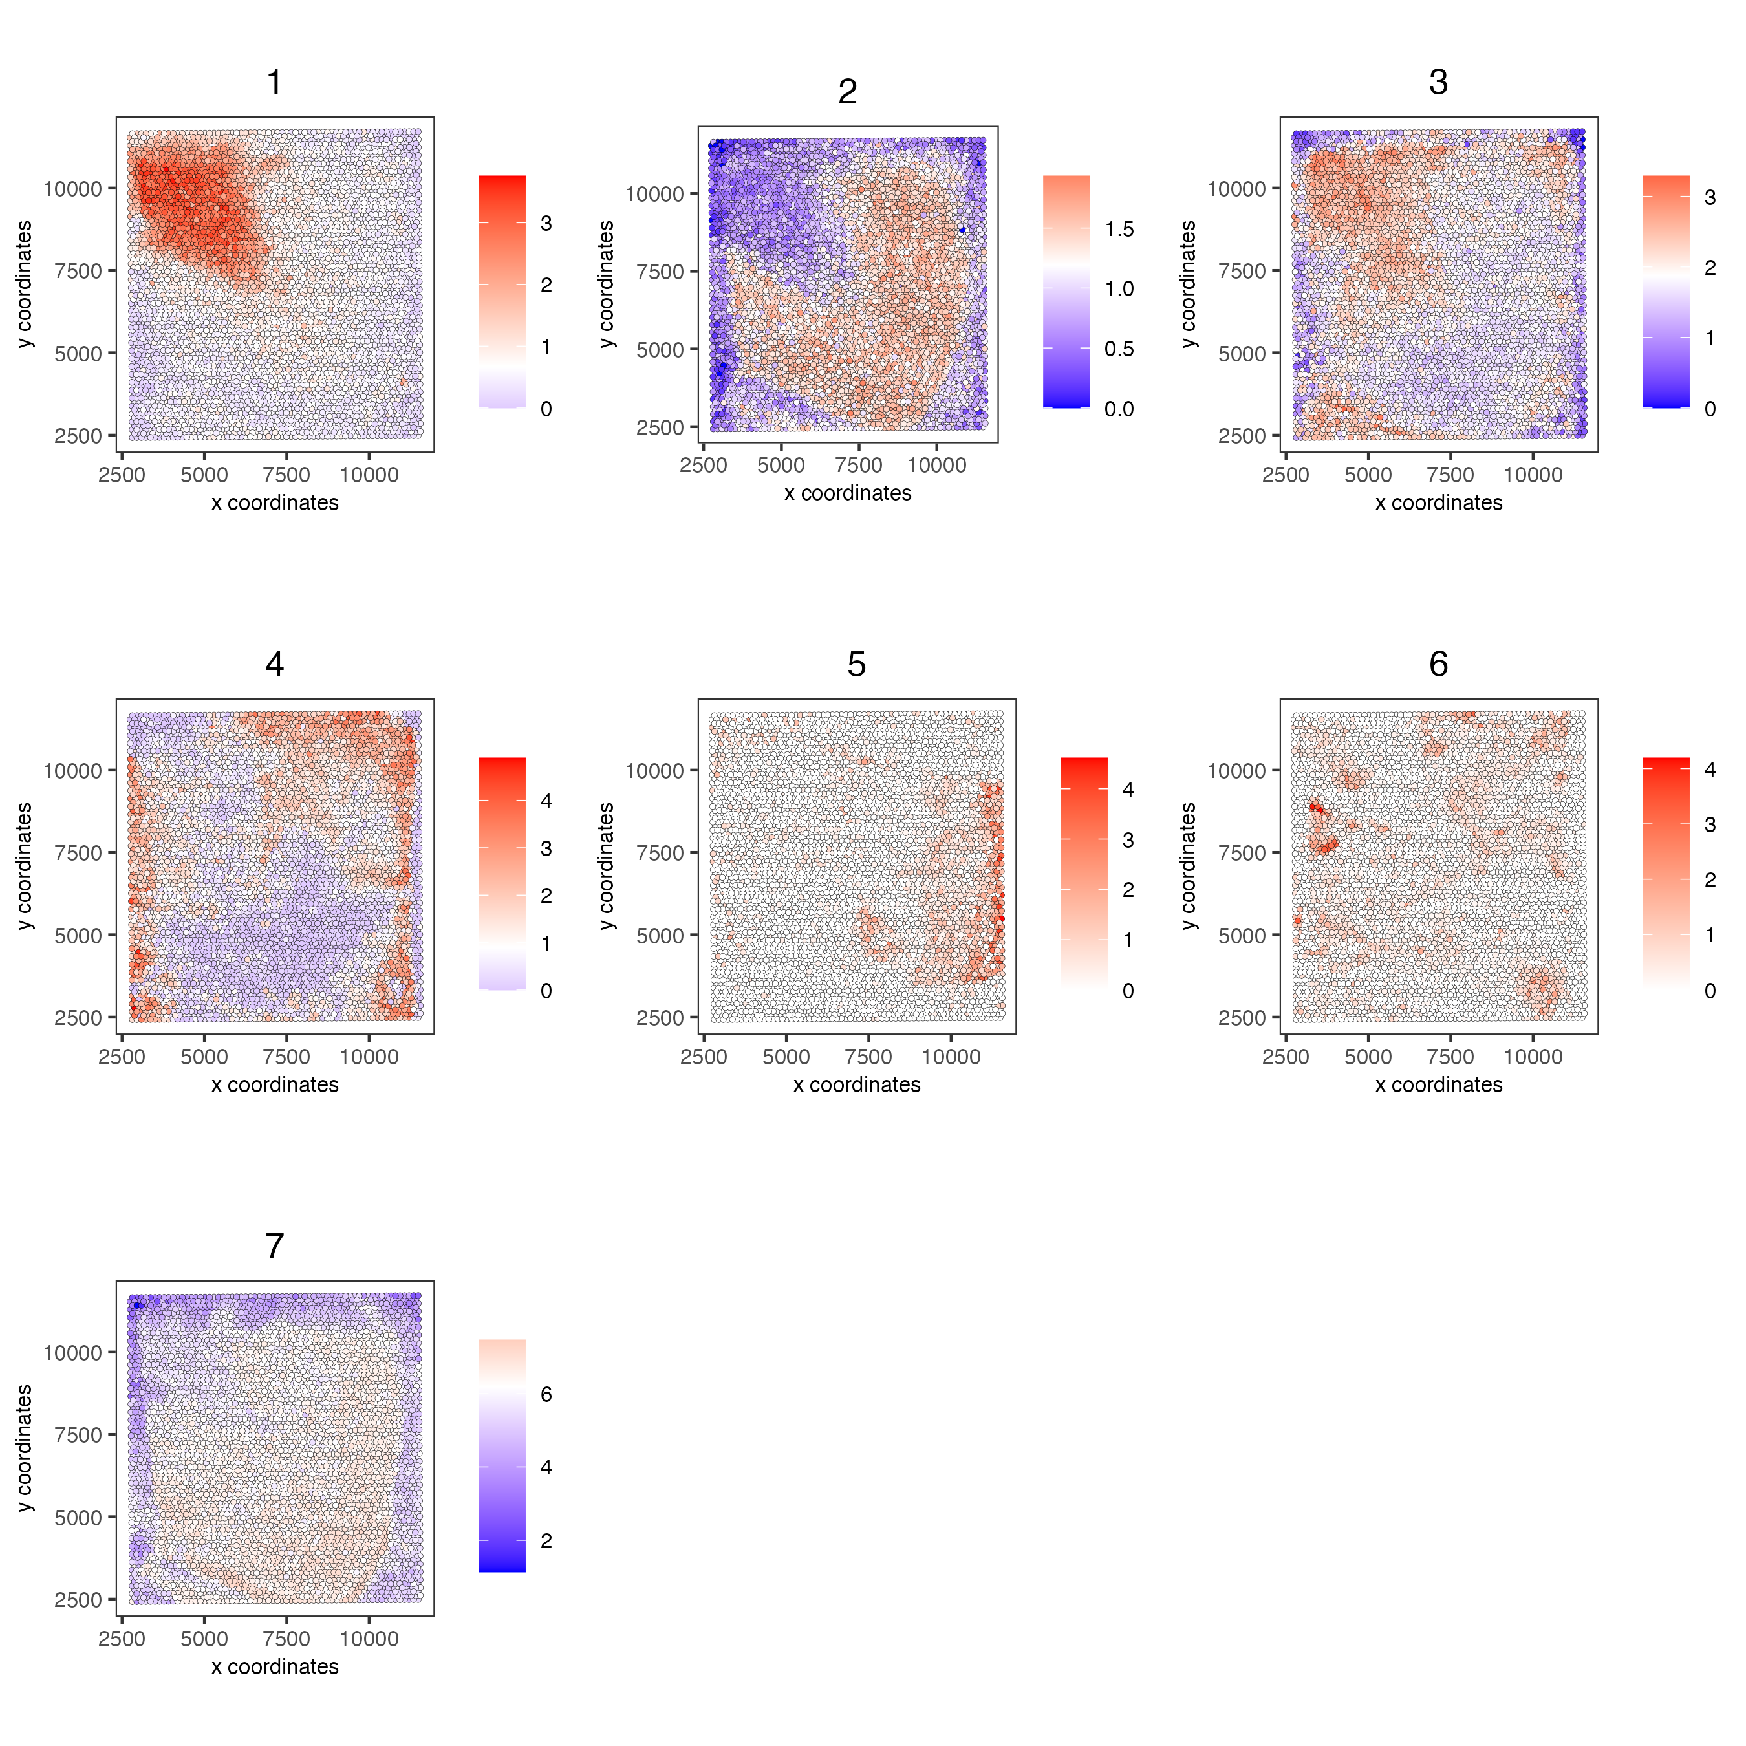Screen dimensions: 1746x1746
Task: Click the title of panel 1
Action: point(275,82)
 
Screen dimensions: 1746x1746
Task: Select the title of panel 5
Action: point(857,664)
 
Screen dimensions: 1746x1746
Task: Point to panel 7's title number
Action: point(275,1246)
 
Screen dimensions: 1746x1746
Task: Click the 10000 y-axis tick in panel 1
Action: point(72,189)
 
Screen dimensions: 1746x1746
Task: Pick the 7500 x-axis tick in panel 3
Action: point(1450,475)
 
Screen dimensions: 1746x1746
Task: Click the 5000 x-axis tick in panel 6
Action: point(1368,1057)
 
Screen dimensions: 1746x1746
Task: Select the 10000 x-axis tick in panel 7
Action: point(369,1639)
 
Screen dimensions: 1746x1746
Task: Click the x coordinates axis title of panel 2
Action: point(848,493)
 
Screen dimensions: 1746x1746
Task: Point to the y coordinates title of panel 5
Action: point(607,866)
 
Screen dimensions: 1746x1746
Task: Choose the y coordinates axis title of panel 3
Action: point(1189,284)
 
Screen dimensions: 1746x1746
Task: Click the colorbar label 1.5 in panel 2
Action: point(1119,230)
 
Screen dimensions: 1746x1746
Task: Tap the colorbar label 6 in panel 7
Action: point(546,1394)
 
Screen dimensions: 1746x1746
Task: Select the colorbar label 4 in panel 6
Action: point(1710,769)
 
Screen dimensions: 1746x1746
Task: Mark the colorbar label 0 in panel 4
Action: point(546,991)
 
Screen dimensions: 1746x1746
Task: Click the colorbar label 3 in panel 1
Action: point(546,223)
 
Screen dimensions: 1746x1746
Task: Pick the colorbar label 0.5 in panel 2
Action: point(1119,349)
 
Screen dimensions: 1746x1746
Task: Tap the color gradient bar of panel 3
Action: point(1666,291)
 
